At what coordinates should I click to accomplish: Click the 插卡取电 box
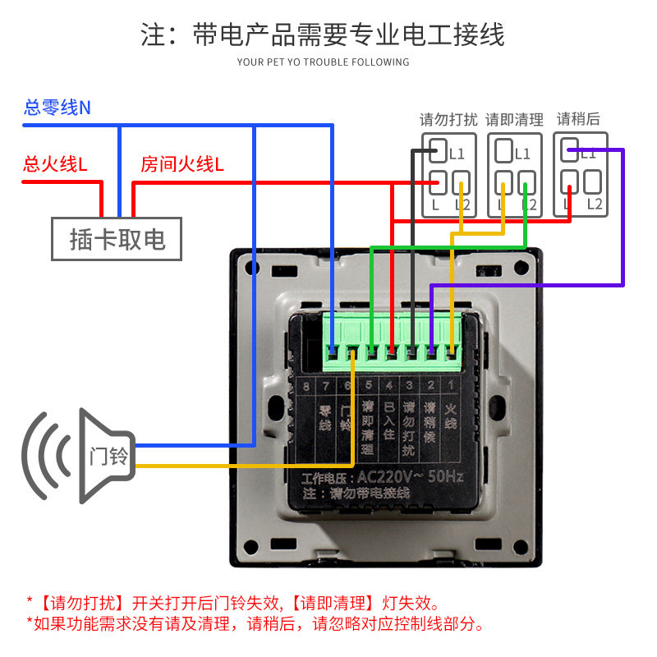(117, 239)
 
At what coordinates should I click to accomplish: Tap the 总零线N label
(57, 107)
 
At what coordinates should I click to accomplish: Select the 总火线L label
(55, 164)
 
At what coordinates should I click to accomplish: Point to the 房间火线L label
(181, 164)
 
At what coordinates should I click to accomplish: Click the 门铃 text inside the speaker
(108, 455)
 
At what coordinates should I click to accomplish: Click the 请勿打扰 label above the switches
(448, 120)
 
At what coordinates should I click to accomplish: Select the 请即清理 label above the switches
(514, 120)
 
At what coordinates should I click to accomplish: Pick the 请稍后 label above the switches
(578, 119)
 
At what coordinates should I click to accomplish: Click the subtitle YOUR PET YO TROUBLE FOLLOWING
(323, 62)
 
